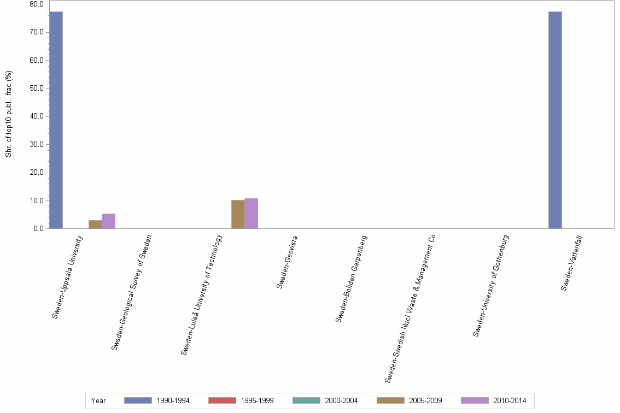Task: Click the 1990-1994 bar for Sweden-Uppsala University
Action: pyautogui.click(x=56, y=120)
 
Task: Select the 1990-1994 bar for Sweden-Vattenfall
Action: pyautogui.click(x=555, y=120)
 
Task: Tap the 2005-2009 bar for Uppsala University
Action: pyautogui.click(x=95, y=225)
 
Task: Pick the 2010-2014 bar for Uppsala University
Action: pyautogui.click(x=108, y=221)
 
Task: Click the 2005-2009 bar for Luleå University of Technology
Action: pyautogui.click(x=238, y=214)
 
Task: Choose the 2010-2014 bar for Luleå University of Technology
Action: pyautogui.click(x=251, y=214)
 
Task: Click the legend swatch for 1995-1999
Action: pyautogui.click(x=222, y=400)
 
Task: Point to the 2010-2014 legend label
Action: pyautogui.click(x=510, y=400)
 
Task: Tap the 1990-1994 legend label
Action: pyautogui.click(x=173, y=400)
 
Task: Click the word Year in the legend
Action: pyautogui.click(x=99, y=400)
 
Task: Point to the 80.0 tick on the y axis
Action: pyautogui.click(x=37, y=4)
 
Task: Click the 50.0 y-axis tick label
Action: pyautogui.click(x=37, y=88)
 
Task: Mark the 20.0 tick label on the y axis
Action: pyautogui.click(x=37, y=173)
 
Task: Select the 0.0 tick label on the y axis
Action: pyautogui.click(x=38, y=229)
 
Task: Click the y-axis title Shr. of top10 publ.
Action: pyautogui.click(x=9, y=114)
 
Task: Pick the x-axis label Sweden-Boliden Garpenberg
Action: pyautogui.click(x=351, y=279)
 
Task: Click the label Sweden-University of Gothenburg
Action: pyautogui.click(x=491, y=285)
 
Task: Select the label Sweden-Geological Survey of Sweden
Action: pyautogui.click(x=131, y=292)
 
